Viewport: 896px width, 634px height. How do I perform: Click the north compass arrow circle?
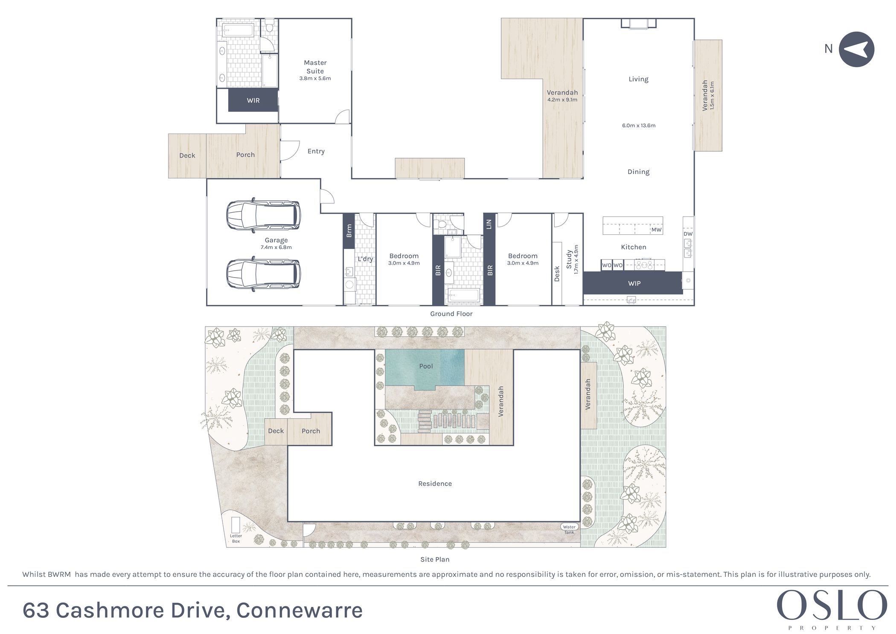[x=856, y=50]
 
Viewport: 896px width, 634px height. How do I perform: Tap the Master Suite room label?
[x=315, y=67]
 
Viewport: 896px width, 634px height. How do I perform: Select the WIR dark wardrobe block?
[x=253, y=100]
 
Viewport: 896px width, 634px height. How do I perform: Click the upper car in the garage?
[x=263, y=215]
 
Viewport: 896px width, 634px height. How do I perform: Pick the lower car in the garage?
[x=263, y=274]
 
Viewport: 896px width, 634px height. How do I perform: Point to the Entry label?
[x=316, y=151]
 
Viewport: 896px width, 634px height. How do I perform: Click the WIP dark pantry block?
[x=633, y=283]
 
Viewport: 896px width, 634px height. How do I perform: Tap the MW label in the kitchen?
[x=656, y=230]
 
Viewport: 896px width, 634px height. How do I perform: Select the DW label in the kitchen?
[x=688, y=234]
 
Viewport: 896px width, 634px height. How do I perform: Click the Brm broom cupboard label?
[x=349, y=231]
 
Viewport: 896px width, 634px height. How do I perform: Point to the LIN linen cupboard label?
[x=489, y=224]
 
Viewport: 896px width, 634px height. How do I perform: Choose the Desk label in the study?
[x=557, y=274]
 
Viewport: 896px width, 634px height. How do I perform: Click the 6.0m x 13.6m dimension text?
[x=639, y=126]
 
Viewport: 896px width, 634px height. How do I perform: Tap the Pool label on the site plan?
[x=426, y=366]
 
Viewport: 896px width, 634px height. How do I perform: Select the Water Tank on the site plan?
[x=569, y=529]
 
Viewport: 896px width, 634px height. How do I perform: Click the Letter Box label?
[x=236, y=538]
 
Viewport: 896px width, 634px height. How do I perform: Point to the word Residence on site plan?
[x=435, y=484]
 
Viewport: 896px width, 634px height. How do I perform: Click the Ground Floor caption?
[x=451, y=314]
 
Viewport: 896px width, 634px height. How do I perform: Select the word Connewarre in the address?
[x=300, y=610]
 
